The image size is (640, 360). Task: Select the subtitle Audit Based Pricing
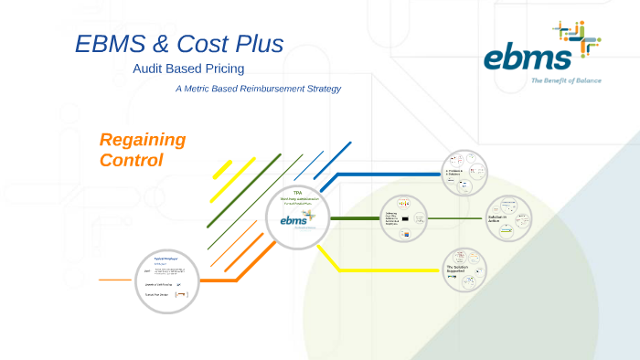pyautogui.click(x=188, y=69)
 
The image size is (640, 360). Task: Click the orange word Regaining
pyautogui.click(x=143, y=140)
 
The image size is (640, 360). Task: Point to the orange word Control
pyautogui.click(x=131, y=160)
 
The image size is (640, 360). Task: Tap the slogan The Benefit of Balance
pyautogui.click(x=566, y=81)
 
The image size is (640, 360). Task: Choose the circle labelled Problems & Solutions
pyautogui.click(x=464, y=174)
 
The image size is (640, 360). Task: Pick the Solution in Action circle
pyautogui.click(x=508, y=219)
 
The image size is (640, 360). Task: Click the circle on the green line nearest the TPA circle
pyautogui.click(x=403, y=219)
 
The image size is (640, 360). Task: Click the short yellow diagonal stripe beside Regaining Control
pyautogui.click(x=223, y=169)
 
